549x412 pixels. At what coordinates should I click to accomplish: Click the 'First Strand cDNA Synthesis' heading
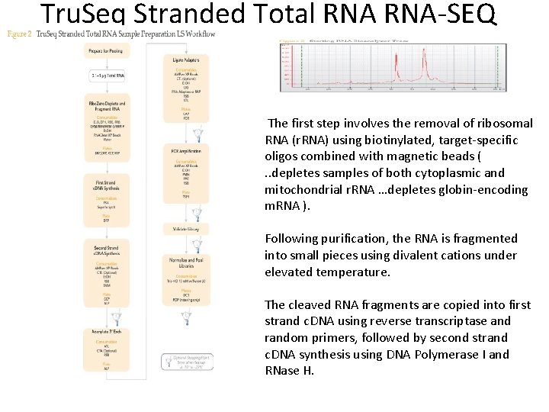click(105, 186)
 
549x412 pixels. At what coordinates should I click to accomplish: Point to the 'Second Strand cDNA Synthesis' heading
click(105, 252)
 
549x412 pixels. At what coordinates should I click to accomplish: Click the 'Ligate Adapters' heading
click(188, 60)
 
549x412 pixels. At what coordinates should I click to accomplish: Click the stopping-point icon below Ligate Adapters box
click(197, 135)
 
